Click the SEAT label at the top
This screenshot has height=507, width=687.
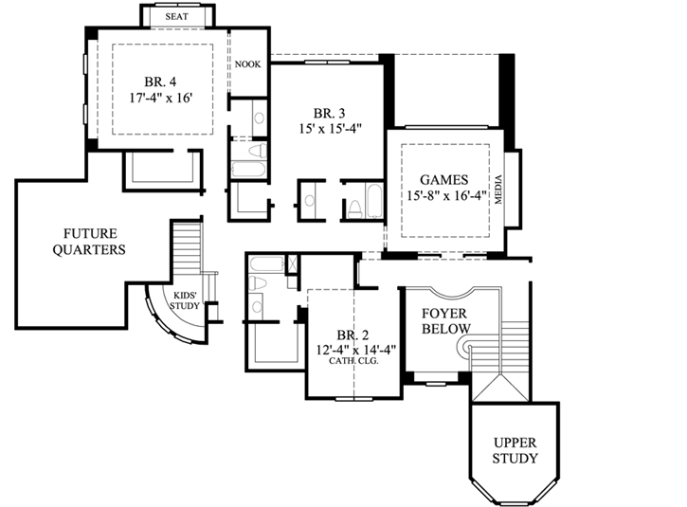[x=177, y=17]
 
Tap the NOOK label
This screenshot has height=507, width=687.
[x=248, y=64]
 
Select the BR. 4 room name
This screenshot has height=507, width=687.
[x=158, y=81]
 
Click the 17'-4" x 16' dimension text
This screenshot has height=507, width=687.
[x=158, y=98]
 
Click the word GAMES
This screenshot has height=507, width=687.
[x=444, y=179]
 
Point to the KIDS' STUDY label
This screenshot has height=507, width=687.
[x=185, y=300]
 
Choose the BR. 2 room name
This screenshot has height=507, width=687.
[x=352, y=335]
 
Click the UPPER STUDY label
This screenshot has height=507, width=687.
[x=515, y=450]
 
